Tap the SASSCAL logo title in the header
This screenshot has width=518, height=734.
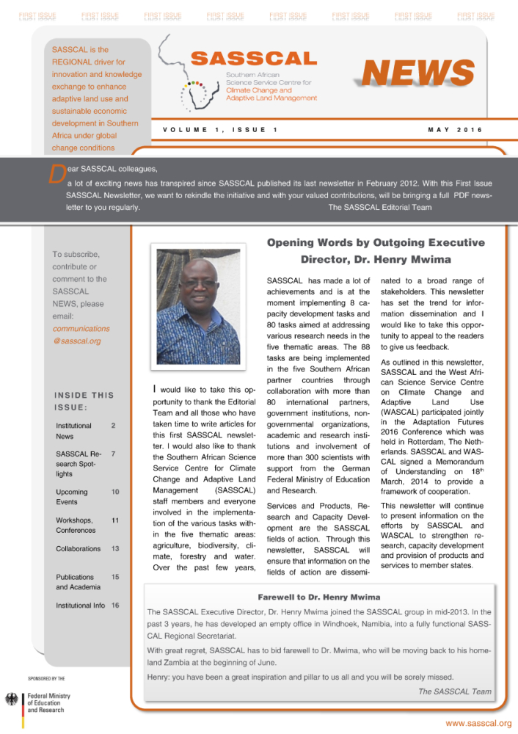(x=254, y=59)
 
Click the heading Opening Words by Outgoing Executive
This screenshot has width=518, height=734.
(x=376, y=242)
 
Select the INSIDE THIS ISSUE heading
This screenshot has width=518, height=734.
(x=82, y=401)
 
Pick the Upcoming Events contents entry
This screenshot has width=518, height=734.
(x=72, y=497)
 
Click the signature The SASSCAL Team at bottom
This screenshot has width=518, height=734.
(x=454, y=691)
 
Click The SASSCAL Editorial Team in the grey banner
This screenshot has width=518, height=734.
(x=379, y=207)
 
